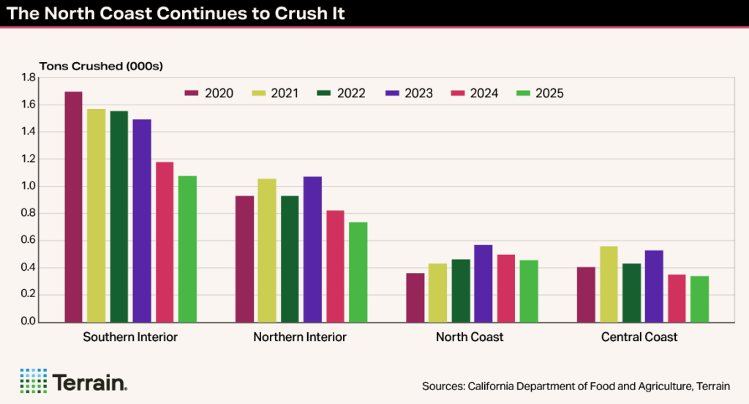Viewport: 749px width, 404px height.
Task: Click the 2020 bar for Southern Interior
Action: click(x=73, y=207)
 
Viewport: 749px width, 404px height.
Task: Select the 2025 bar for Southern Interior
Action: click(x=187, y=249)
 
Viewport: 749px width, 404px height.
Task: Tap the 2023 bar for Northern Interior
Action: click(x=312, y=250)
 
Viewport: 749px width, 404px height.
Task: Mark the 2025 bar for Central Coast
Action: click(x=699, y=299)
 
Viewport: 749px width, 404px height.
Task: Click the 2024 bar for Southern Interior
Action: click(x=165, y=242)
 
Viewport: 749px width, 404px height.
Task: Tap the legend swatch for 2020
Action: click(x=192, y=94)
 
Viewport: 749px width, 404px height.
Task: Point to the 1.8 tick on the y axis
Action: click(x=29, y=78)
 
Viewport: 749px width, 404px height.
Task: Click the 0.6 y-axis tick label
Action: click(x=29, y=241)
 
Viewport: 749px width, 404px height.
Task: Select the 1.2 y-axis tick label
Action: click(x=29, y=159)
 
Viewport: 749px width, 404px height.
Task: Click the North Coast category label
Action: click(x=470, y=337)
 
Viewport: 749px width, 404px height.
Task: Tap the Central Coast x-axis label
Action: click(x=639, y=337)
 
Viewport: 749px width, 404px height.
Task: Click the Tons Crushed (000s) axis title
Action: click(x=101, y=66)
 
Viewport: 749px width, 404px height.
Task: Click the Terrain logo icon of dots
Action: click(x=33, y=381)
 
